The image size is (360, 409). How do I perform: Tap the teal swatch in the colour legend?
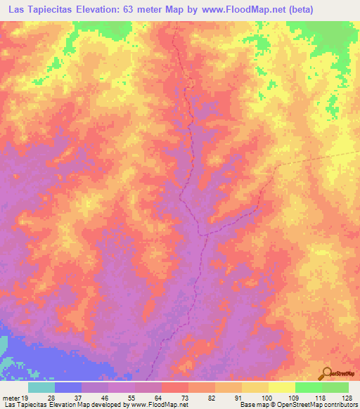(41, 387)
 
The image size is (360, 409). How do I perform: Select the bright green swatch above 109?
(308, 387)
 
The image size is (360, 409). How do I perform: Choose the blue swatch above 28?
(68, 387)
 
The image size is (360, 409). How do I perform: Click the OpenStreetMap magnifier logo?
(328, 373)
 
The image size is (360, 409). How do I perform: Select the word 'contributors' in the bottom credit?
(338, 405)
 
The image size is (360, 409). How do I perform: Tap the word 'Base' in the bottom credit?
(247, 405)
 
